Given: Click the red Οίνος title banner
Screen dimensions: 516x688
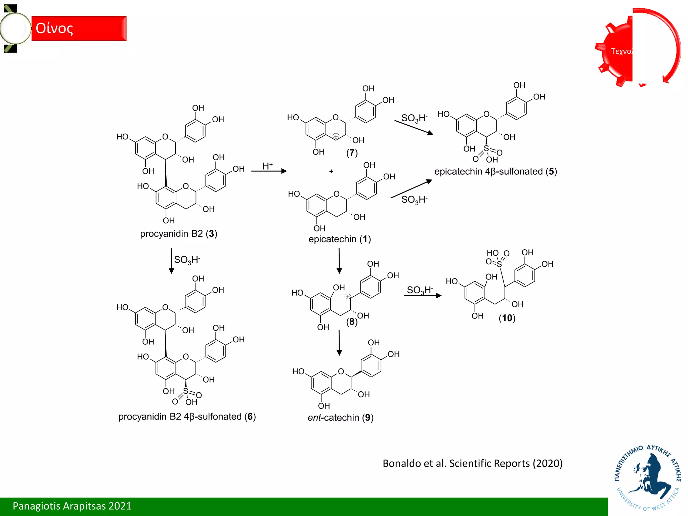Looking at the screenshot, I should click(79, 29).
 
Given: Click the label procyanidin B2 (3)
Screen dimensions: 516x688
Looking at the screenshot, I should click(178, 233).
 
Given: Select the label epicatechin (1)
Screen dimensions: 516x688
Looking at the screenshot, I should click(339, 239).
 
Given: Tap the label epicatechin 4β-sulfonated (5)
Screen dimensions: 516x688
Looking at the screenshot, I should click(496, 171).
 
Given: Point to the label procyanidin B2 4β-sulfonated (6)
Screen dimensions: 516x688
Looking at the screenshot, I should click(187, 417).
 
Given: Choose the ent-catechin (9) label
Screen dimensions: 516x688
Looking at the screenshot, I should click(340, 418).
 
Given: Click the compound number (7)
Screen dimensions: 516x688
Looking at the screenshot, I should click(352, 153).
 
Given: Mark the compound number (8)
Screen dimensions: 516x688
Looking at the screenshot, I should click(351, 322).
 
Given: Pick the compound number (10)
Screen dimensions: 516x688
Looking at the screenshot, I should click(507, 318).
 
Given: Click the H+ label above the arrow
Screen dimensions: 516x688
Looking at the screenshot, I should click(267, 166).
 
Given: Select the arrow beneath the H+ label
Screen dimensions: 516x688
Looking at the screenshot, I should click(269, 171).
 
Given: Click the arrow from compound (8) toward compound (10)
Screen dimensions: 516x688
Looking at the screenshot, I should click(423, 296).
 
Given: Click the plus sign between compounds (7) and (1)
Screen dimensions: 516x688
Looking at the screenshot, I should click(331, 172).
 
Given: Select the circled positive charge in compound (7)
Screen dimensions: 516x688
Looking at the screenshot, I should click(336, 136).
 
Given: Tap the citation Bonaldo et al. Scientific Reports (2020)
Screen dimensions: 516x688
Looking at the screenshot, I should click(472, 463).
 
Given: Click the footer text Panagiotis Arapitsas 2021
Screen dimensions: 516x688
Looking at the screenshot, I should click(72, 506).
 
